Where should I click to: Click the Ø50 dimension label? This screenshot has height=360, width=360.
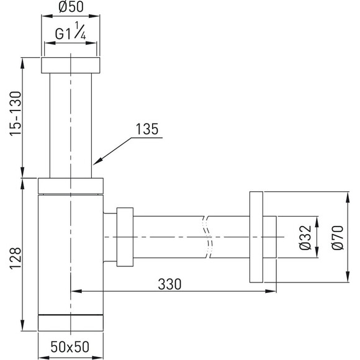coord(71,7)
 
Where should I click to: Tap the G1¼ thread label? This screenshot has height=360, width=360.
coord(71,32)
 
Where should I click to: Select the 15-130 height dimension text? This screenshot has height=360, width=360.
coord(16,114)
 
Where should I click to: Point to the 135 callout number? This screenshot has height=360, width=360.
coord(147,129)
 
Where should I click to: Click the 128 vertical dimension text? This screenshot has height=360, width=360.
coord(16,258)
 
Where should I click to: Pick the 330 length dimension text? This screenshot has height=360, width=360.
coord(169,284)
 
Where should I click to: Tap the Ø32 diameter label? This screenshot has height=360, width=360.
coord(305,237)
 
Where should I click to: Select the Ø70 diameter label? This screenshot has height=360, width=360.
coord(338,237)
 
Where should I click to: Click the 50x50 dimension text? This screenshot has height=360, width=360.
coord(70,347)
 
